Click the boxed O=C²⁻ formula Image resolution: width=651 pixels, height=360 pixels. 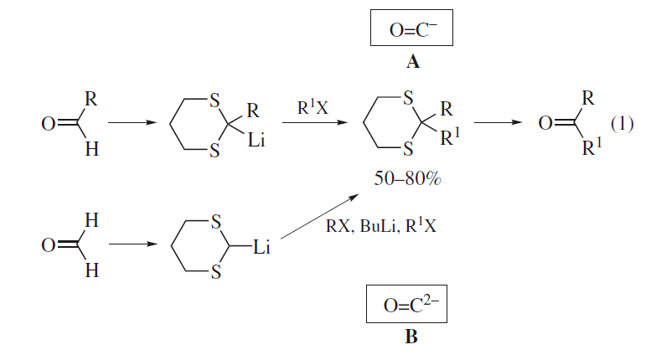coord(411,306)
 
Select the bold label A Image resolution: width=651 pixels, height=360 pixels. coord(411,62)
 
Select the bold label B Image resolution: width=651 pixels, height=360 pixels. coord(411,337)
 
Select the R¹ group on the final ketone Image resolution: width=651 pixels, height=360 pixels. coord(592,151)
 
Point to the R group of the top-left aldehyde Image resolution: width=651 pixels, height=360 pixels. coord(90,99)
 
